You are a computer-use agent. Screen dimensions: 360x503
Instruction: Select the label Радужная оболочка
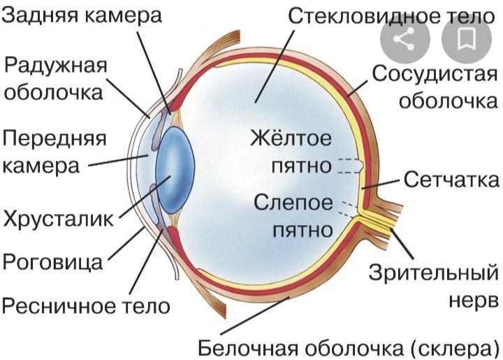56,78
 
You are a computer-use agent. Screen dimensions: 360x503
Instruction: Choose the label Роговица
52,261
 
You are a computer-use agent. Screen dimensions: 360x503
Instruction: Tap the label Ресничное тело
86,305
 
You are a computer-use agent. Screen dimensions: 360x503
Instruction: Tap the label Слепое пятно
293,215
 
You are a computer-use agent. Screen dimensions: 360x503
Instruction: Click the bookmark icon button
466,39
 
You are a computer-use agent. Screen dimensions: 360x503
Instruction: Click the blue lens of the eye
173,171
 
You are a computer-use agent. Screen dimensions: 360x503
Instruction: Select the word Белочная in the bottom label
239,347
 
